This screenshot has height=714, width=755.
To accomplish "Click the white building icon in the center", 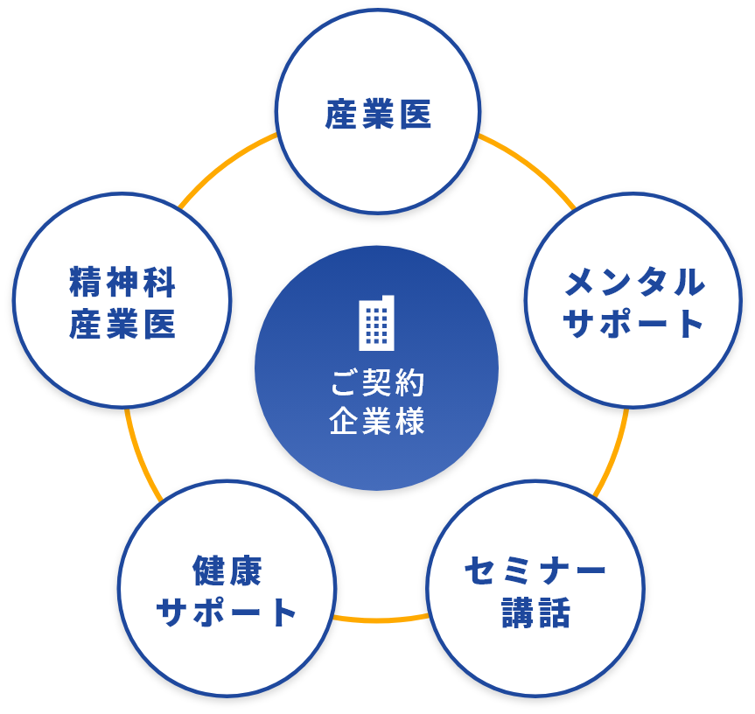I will tap(377, 323).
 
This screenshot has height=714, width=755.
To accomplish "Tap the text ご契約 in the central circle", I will tap(377, 383).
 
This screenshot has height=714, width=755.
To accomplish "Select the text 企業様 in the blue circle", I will tap(377, 422).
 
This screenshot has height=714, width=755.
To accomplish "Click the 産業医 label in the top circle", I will tap(378, 115).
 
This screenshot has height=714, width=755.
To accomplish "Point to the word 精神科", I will tap(122, 283).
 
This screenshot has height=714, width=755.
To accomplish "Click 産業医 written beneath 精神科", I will tap(122, 325).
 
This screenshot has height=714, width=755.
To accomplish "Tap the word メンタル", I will tap(634, 283).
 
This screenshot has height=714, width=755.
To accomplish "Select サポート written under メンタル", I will tap(634, 325).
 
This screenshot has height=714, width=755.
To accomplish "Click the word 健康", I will tap(227, 570).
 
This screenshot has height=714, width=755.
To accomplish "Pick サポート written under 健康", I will tap(227, 612).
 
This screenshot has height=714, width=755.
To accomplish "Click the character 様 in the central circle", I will tap(409, 422).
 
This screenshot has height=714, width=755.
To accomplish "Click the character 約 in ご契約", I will tap(409, 383).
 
